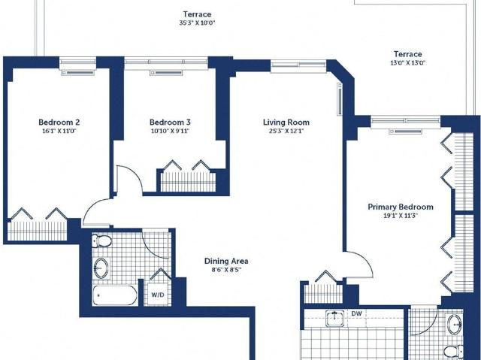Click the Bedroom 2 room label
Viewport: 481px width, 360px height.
point(59,123)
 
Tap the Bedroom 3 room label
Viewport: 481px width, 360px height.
point(170,123)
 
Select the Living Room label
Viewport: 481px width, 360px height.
point(286,123)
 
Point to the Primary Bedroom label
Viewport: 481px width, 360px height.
point(401,207)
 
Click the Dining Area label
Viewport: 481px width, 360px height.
point(226,261)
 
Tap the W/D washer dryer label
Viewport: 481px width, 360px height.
point(158,295)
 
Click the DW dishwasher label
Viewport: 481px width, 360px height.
point(356,313)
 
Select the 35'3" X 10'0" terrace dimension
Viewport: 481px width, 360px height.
point(198,23)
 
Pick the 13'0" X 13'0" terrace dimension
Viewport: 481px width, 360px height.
point(407,63)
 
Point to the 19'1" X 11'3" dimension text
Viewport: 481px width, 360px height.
point(401,216)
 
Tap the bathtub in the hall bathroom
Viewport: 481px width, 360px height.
point(115,295)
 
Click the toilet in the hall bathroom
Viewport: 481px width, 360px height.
point(102,241)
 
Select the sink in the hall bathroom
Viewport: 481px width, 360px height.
point(101,268)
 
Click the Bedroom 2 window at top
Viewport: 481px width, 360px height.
point(78,62)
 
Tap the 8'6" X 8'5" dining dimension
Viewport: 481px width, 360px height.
point(226,270)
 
